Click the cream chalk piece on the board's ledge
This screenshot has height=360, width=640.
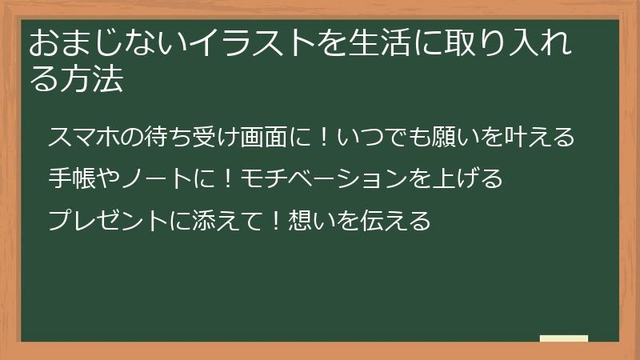coord(564,338)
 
